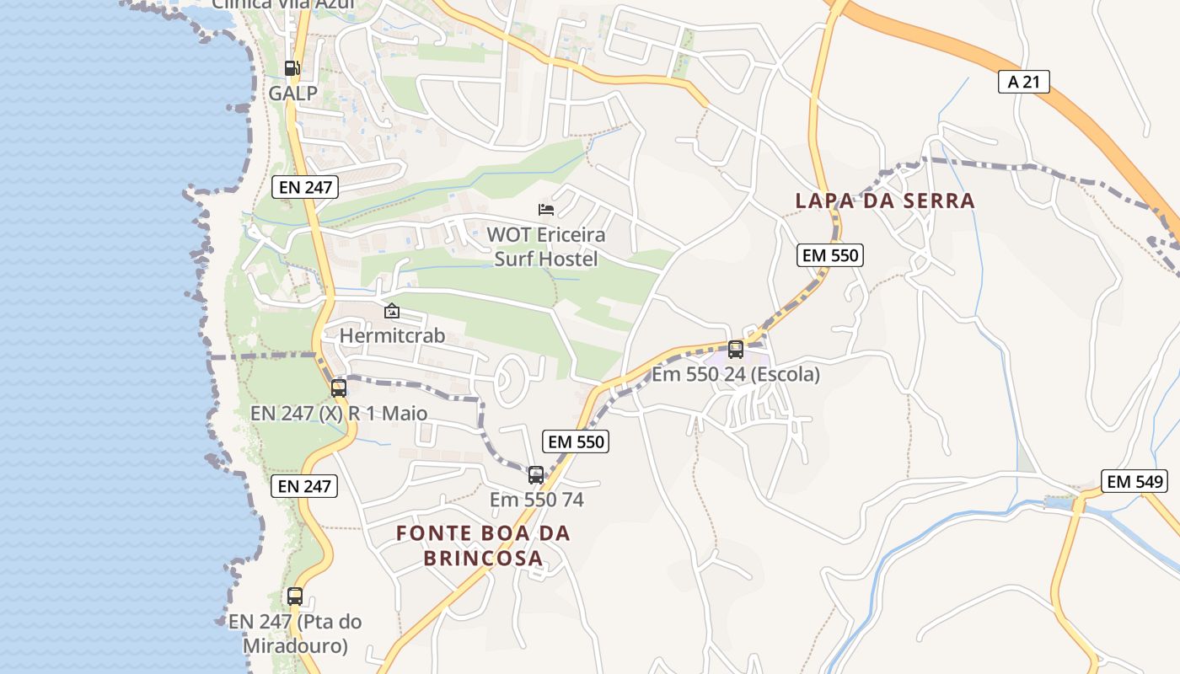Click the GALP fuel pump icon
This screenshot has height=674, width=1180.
click(x=292, y=68)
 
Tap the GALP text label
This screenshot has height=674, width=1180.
click(x=293, y=94)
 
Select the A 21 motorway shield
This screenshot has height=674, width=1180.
click(x=1023, y=81)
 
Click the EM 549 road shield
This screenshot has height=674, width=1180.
click(x=1134, y=482)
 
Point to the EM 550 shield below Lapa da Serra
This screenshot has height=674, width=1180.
click(x=830, y=255)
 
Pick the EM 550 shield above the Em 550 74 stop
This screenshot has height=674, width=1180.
click(x=577, y=441)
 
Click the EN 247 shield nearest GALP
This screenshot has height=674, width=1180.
click(x=305, y=187)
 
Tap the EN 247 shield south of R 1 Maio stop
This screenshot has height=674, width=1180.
click(x=304, y=486)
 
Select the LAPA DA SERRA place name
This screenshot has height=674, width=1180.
click(x=885, y=201)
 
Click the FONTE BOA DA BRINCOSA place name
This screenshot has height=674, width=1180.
click(x=483, y=545)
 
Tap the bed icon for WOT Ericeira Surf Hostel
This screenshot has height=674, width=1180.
click(x=546, y=209)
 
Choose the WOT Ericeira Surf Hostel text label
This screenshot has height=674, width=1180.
click(x=546, y=246)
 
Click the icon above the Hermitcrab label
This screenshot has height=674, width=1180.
click(x=392, y=312)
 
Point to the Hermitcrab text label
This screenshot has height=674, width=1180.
click(x=392, y=335)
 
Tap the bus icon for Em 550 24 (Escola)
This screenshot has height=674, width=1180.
click(x=736, y=349)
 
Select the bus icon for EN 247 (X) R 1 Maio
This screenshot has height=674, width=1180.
click(x=339, y=388)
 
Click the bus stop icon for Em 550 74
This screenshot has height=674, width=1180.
click(x=536, y=475)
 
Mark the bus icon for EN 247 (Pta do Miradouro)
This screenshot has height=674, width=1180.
click(x=294, y=596)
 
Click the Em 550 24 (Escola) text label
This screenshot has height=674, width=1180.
click(x=736, y=374)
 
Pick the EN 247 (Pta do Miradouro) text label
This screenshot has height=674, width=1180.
click(x=295, y=634)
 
